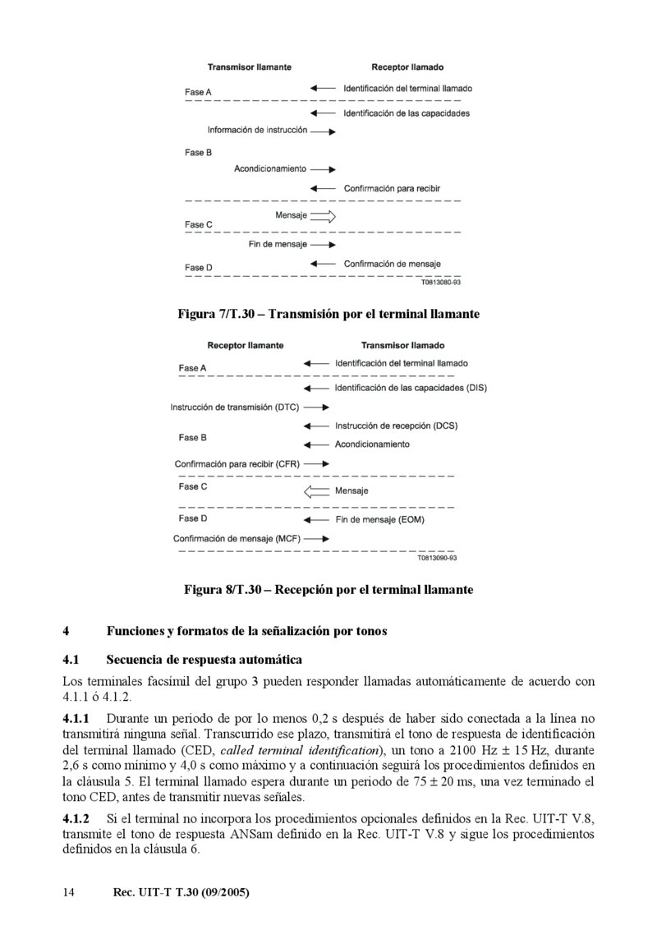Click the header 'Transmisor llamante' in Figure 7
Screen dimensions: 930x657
(249, 67)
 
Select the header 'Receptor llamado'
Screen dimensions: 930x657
(407, 67)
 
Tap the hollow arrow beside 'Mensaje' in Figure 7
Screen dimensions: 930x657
(324, 217)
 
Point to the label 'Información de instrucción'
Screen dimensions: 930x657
(257, 130)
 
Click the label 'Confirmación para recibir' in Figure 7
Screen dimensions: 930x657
(392, 189)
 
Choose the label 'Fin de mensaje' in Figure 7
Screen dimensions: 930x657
(278, 245)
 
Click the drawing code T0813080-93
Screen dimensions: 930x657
(441, 282)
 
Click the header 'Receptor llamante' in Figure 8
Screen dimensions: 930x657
(246, 346)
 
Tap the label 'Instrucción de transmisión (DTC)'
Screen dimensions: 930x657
(234, 407)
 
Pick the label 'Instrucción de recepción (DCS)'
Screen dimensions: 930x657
(396, 426)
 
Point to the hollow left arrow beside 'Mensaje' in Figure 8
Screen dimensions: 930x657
(316, 491)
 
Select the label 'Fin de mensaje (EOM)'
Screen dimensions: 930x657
(379, 520)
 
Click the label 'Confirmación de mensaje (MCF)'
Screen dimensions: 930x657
(237, 539)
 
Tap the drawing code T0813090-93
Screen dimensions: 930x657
(437, 557)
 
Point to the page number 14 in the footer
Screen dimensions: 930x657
(69, 892)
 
